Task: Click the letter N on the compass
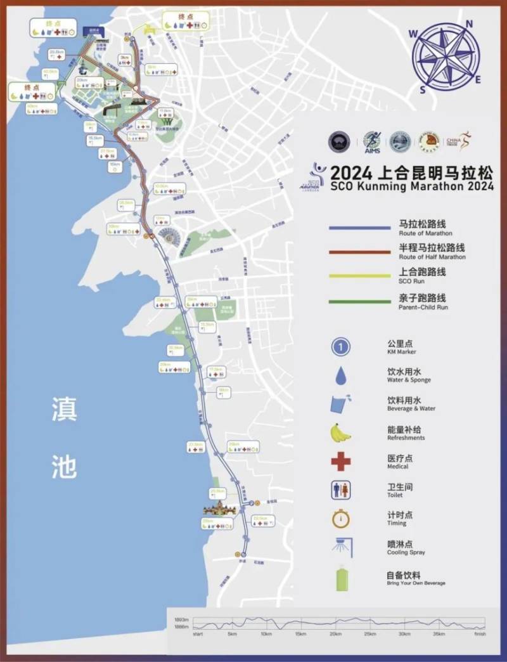coord(470,24)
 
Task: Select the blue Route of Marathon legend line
coord(359,228)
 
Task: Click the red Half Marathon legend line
coord(359,251)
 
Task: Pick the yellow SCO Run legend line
coord(359,275)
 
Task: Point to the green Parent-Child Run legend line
coord(359,301)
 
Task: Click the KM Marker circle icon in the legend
coord(341,346)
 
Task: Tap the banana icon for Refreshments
coord(341,432)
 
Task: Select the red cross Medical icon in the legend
coord(341,461)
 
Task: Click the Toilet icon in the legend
coord(341,490)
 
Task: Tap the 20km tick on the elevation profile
coord(335,633)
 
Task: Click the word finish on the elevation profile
coord(480,633)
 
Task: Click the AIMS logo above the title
coord(372,141)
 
